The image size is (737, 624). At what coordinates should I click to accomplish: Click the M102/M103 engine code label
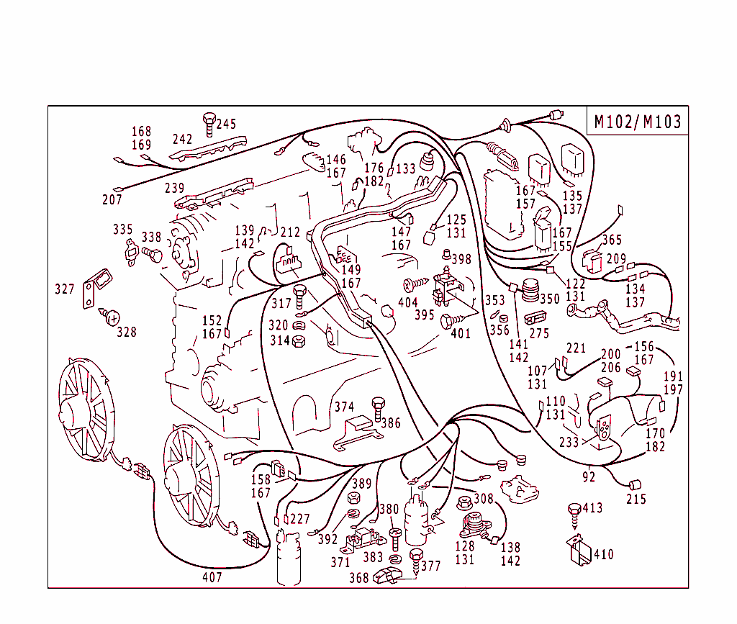tap(637, 122)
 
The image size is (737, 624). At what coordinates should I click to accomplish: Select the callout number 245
tap(226, 124)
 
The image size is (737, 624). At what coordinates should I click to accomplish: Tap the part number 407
tap(212, 576)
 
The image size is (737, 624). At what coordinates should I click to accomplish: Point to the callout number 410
tap(603, 554)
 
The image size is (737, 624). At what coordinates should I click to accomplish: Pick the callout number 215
tap(636, 499)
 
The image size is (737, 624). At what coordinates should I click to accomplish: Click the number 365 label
tap(612, 240)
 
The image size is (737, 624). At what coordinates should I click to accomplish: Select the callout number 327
tap(65, 289)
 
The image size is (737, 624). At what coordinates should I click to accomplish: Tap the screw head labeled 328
tap(112, 315)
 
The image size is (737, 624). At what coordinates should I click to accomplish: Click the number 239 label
tap(175, 188)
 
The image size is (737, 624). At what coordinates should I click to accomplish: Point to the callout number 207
tap(112, 199)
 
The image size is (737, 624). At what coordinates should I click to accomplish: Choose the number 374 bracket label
tap(344, 407)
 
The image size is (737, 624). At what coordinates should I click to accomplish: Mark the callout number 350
tap(549, 298)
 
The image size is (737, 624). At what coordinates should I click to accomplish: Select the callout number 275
tap(539, 333)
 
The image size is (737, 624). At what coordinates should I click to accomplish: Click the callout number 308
tap(483, 498)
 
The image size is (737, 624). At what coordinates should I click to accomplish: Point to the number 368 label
tap(358, 577)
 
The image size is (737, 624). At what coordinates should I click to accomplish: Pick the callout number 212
tap(290, 232)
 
